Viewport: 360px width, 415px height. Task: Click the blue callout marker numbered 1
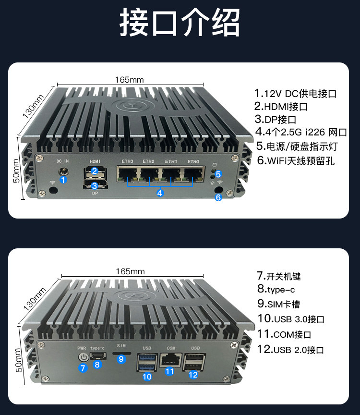[x=62, y=180]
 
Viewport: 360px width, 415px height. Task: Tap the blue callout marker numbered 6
[x=218, y=197]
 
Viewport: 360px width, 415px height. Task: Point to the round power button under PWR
[x=83, y=357]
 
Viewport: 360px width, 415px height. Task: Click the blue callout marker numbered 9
[x=121, y=359]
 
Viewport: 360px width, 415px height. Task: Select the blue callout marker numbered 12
[x=193, y=375]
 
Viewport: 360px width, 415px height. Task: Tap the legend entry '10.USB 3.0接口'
[x=291, y=318]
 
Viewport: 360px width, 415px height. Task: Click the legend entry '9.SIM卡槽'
[x=279, y=304]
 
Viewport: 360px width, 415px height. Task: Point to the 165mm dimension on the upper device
[x=130, y=80]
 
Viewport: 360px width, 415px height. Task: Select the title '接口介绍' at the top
[x=180, y=23]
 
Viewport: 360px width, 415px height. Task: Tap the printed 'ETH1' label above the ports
[x=171, y=161]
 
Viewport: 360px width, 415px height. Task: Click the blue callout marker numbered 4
[x=160, y=193]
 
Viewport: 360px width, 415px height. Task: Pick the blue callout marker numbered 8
[x=97, y=365]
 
